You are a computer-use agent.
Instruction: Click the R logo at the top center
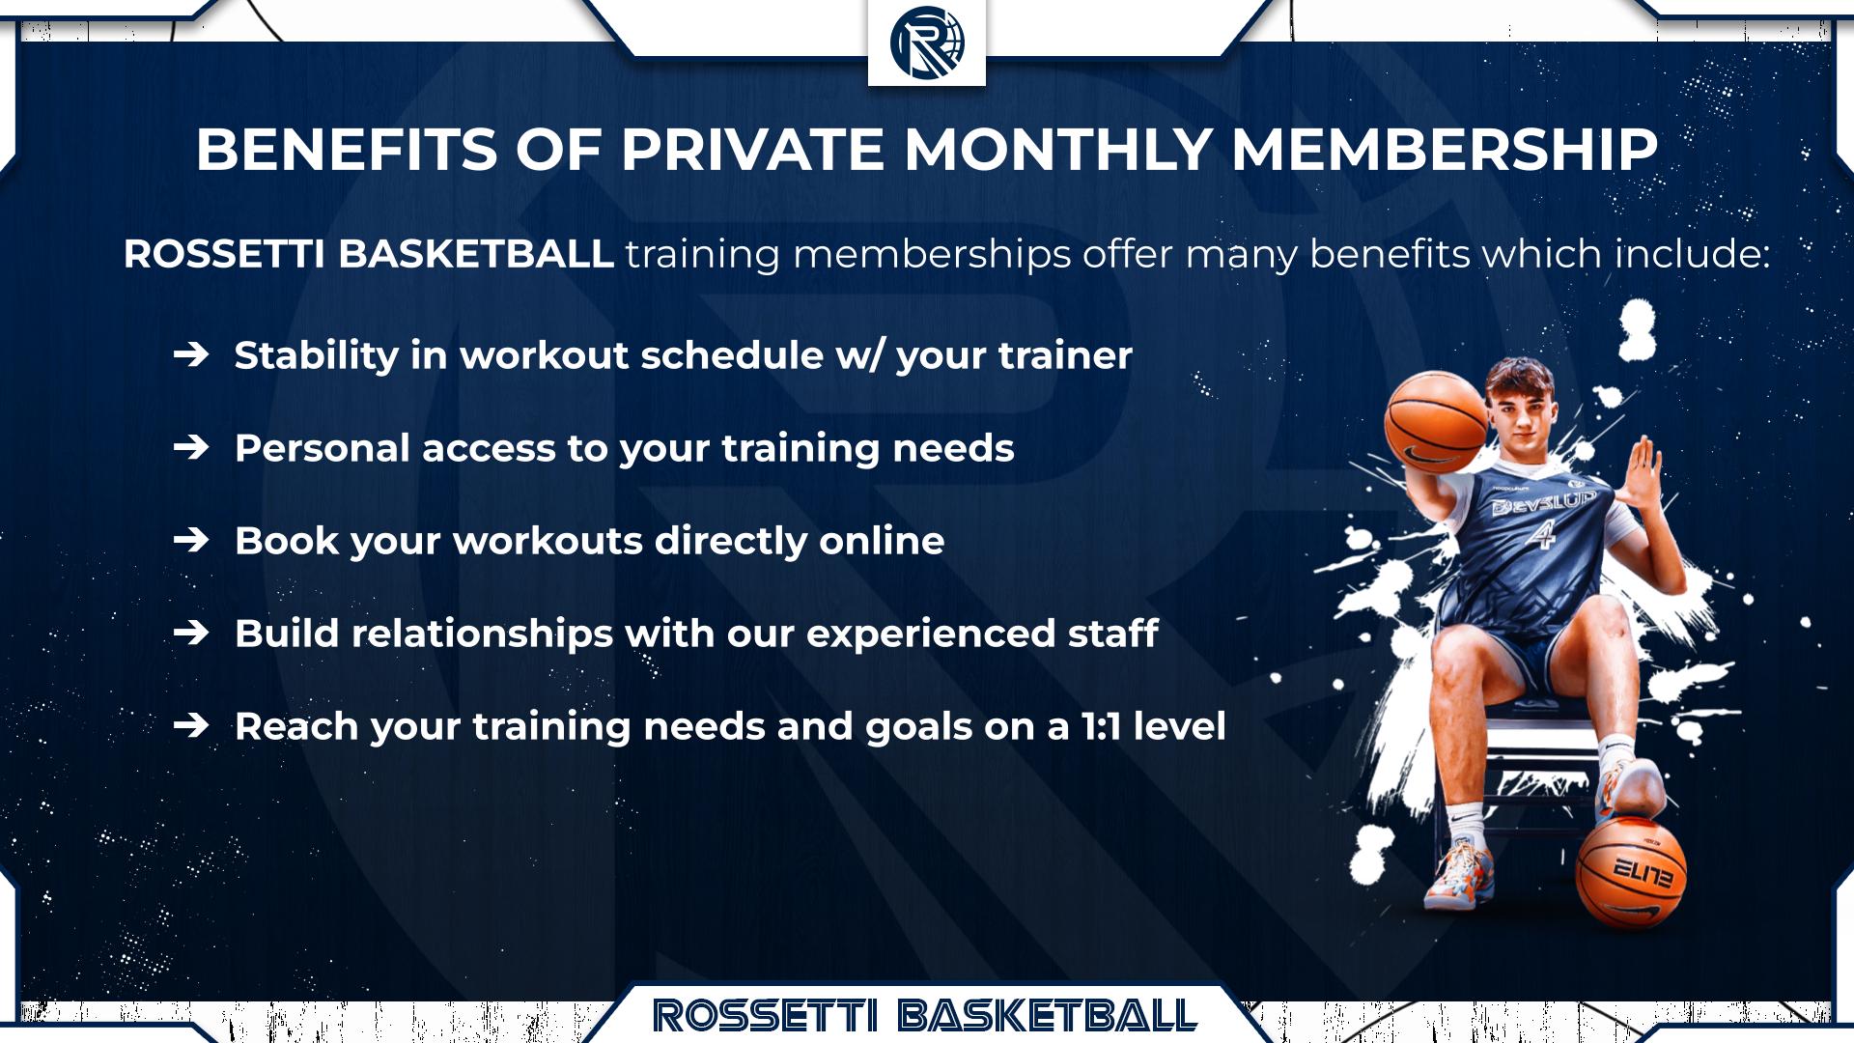(x=927, y=43)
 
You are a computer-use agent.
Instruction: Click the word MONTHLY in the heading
(x=1057, y=150)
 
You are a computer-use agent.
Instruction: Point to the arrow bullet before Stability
(x=191, y=355)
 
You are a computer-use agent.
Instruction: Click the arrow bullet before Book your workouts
(x=191, y=541)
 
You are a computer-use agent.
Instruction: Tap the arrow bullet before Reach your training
(x=191, y=726)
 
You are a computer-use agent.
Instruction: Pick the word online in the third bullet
(x=882, y=541)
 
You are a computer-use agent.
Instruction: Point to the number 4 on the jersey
(x=1542, y=532)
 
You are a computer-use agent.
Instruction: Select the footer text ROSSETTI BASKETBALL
(x=925, y=1016)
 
